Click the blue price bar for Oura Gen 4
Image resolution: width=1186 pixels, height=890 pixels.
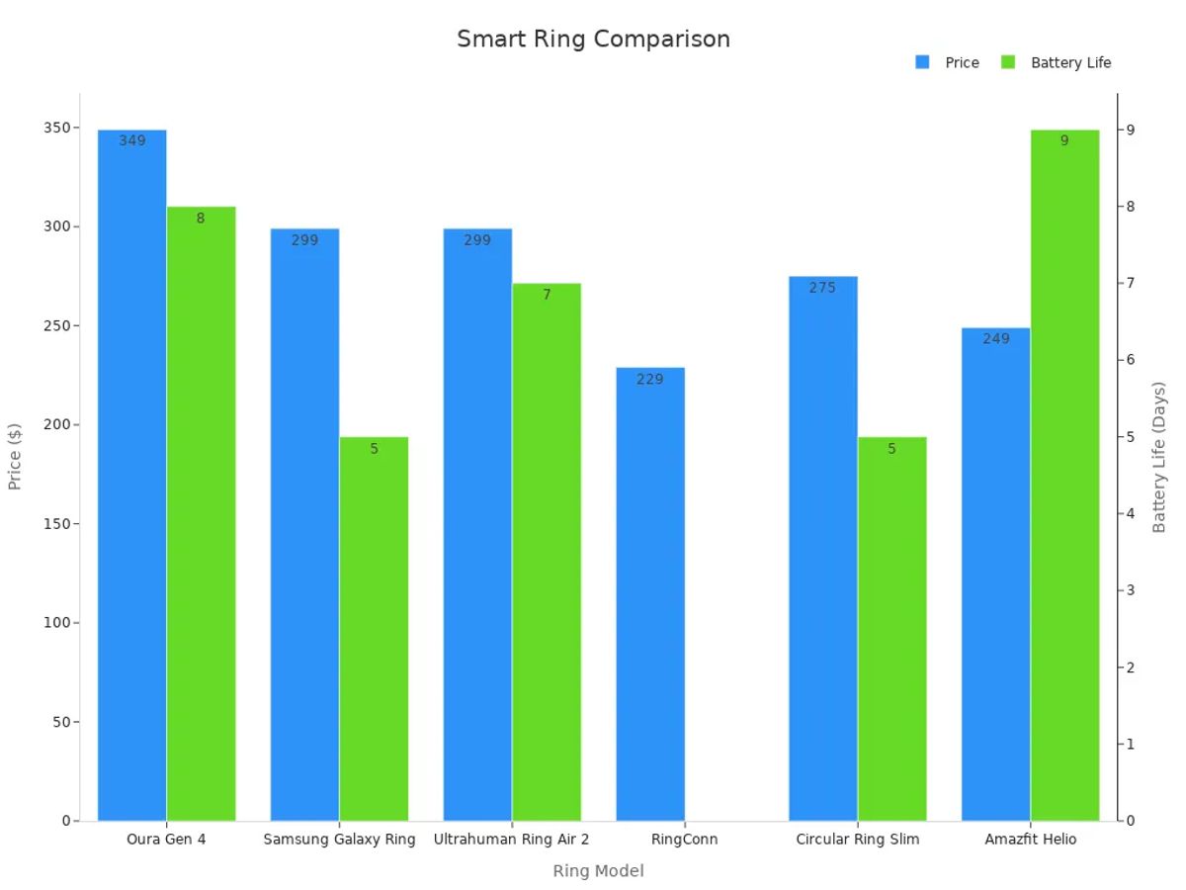point(131,475)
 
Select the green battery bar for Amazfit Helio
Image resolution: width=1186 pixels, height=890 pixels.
point(1064,475)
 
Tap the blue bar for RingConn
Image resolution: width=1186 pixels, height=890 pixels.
point(649,593)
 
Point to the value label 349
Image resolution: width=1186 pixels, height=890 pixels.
point(131,141)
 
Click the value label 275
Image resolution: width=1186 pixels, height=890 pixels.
point(822,288)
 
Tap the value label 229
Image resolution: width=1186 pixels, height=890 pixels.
point(649,379)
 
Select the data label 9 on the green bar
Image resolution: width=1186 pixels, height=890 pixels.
point(1064,141)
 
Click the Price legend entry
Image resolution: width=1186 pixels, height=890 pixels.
point(948,62)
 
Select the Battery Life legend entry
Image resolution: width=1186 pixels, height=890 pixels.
point(1057,62)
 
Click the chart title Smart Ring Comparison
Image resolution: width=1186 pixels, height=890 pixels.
point(593,39)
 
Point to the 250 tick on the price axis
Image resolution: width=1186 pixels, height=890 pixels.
point(56,325)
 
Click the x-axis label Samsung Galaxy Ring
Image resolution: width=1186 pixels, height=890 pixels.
point(339,840)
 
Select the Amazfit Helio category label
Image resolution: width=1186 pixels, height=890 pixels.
point(1030,840)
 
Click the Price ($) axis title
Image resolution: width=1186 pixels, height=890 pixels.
point(15,456)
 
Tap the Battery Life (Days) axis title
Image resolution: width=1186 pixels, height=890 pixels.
point(1159,457)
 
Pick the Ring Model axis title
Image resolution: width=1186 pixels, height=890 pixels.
point(598,871)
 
